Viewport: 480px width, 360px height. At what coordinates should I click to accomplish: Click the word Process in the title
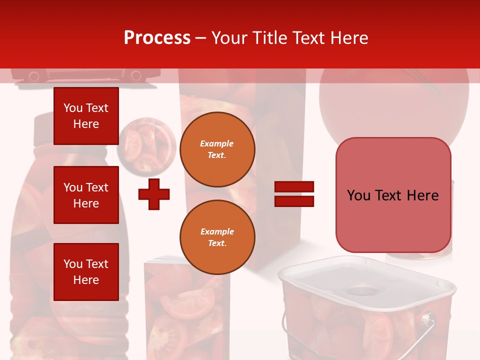tap(157, 38)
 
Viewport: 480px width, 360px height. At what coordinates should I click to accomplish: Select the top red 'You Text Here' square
tap(86, 116)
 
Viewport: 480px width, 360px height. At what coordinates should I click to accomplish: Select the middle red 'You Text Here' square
tap(86, 195)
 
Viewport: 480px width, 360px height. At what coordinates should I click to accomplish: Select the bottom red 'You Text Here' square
tap(86, 271)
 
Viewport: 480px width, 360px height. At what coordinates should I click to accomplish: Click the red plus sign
tap(154, 194)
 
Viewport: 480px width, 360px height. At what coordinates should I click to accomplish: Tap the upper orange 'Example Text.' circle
tap(217, 149)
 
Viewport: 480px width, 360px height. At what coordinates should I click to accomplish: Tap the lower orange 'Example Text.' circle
tap(217, 237)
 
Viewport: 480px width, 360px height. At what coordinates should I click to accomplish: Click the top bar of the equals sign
tap(294, 187)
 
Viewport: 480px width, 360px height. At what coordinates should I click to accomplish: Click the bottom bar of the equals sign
tap(294, 201)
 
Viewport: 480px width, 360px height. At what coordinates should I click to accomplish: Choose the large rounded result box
tap(393, 195)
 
